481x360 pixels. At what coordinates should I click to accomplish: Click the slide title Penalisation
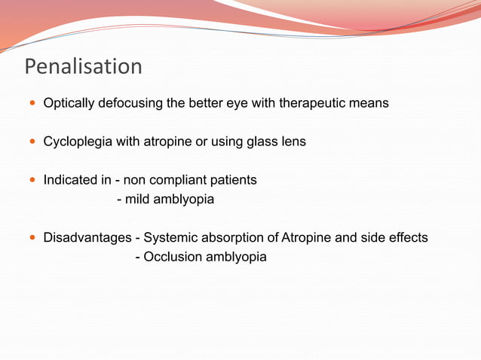[x=83, y=67]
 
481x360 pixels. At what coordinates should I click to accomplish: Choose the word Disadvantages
[x=87, y=238]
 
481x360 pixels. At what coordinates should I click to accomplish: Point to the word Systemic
[x=170, y=238]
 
